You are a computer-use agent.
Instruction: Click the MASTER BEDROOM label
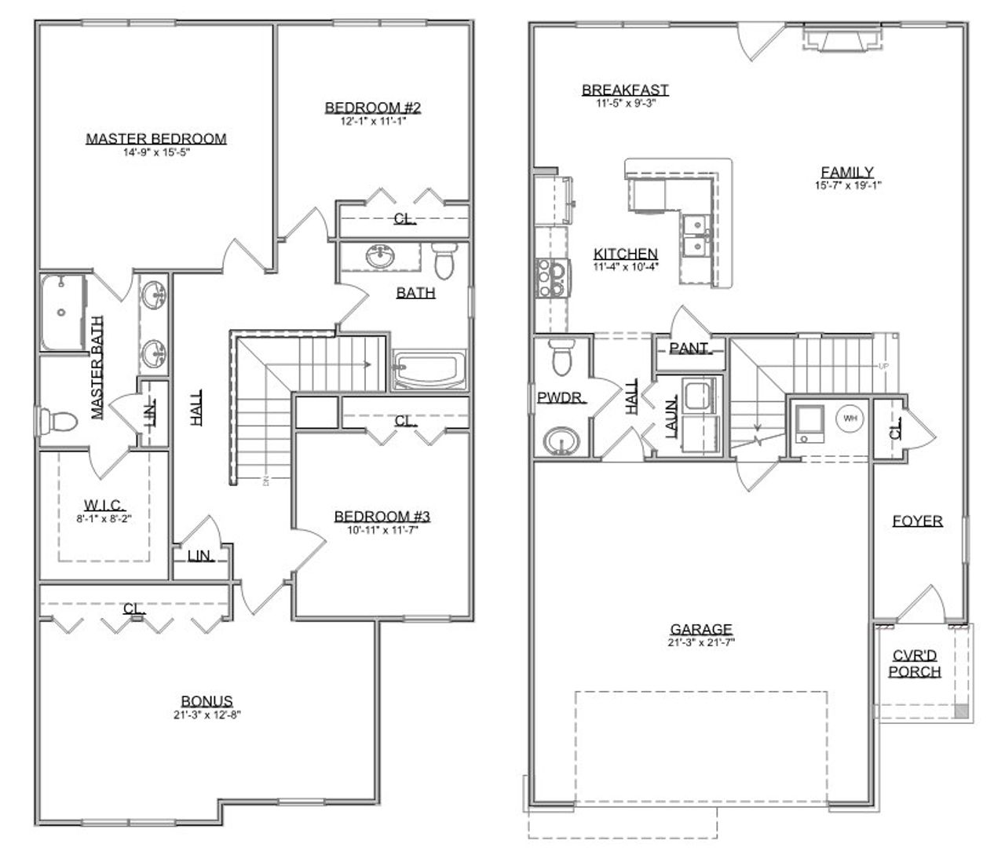click(156, 139)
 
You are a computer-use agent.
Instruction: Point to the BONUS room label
click(206, 701)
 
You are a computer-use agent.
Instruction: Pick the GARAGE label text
click(701, 629)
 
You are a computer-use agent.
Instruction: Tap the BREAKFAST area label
click(625, 90)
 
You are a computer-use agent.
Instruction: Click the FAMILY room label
click(847, 172)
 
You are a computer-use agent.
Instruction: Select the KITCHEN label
click(625, 254)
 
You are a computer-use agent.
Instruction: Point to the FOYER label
click(917, 521)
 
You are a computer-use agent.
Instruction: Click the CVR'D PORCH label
click(915, 663)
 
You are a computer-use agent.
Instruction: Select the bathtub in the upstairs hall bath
click(429, 370)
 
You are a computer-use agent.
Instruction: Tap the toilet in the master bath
click(60, 422)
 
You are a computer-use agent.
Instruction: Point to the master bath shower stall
click(62, 313)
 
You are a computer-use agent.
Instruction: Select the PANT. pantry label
click(689, 348)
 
